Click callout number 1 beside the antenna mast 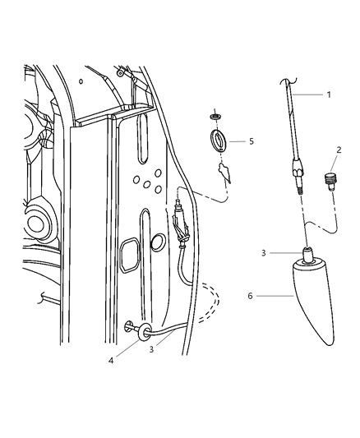click(329, 95)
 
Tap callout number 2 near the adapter click(337, 150)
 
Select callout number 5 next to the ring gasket click(251, 141)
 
